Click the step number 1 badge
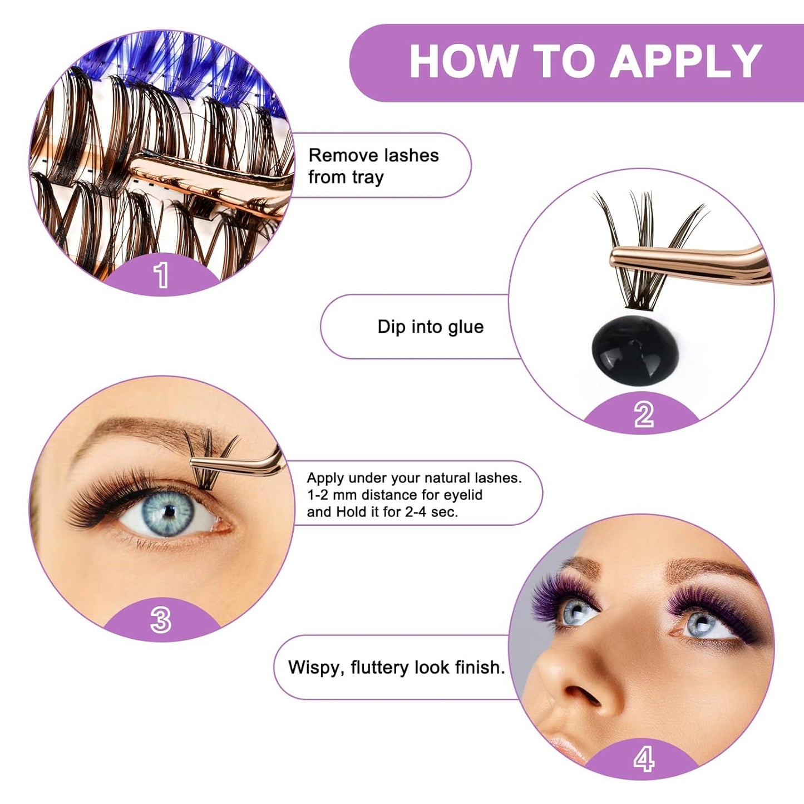(x=161, y=275)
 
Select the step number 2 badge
(x=643, y=415)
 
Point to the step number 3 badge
(x=161, y=620)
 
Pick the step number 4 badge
(x=643, y=759)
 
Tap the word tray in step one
(x=367, y=177)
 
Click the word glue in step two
(x=465, y=327)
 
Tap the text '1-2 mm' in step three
(x=332, y=495)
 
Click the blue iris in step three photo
(x=168, y=512)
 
